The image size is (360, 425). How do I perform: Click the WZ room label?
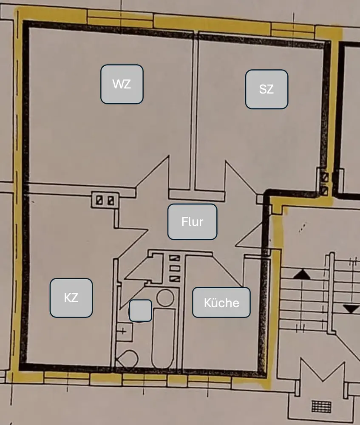[x=122, y=84]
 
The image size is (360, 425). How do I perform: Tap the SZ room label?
[x=266, y=89]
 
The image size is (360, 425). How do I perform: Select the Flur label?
[x=192, y=222]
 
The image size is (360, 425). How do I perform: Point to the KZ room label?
[x=71, y=297]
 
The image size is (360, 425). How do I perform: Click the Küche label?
[x=221, y=303]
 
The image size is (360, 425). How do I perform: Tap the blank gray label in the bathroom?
[x=140, y=310]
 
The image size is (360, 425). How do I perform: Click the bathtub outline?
[x=164, y=338]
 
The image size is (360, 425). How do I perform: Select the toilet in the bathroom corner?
[x=126, y=359]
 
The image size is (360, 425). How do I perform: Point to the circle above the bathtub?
[x=165, y=297]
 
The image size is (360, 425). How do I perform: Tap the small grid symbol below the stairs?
[x=321, y=406]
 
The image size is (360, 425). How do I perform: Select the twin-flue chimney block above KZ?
[x=105, y=200]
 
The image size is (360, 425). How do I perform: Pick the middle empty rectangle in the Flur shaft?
[x=175, y=268]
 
